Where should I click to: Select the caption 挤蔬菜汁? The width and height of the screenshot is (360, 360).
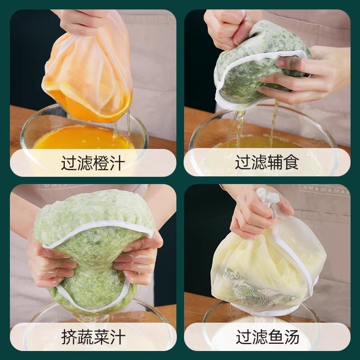pos(93,337)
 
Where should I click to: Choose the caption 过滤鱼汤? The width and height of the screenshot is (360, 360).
pos(267,337)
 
